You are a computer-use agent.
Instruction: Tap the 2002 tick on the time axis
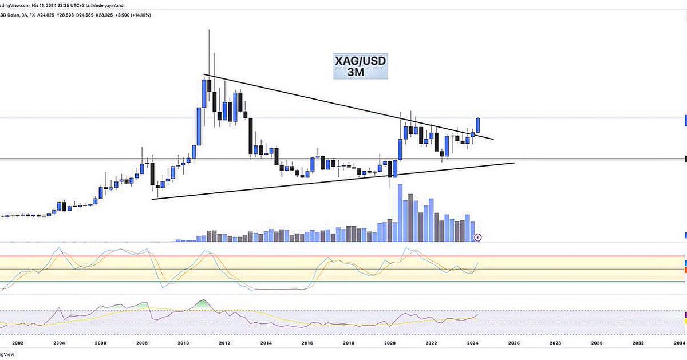[x=18, y=343]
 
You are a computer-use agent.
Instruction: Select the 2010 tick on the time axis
[x=183, y=343]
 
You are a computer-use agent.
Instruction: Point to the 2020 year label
[x=390, y=343]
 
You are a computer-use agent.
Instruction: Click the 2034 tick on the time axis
[x=680, y=343]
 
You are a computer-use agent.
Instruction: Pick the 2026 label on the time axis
[x=514, y=343]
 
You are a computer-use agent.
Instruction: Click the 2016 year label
[x=307, y=343]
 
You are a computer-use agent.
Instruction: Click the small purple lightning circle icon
[x=479, y=237]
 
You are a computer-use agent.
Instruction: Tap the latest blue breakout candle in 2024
[x=478, y=125]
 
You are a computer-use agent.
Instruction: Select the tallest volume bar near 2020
[x=400, y=212]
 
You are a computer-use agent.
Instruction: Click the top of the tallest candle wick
[x=208, y=30]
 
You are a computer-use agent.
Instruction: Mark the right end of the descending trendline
[x=493, y=139]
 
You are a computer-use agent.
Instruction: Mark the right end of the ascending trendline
[x=514, y=163]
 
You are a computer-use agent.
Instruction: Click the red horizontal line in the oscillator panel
[x=343, y=256]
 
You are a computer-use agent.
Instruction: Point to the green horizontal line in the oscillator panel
[x=343, y=282]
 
